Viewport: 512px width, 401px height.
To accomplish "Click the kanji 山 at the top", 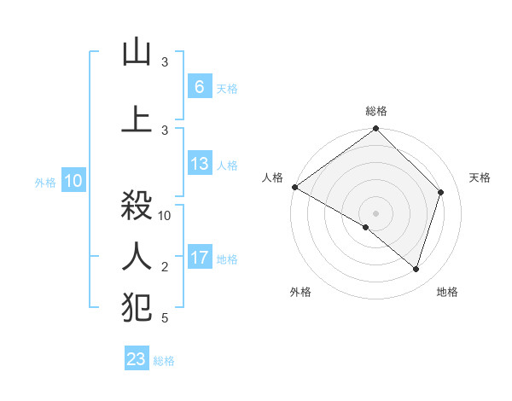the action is pos(137,53).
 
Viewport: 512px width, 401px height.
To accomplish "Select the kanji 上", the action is pos(137,118).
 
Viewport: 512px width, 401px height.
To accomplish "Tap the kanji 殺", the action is pos(137,206).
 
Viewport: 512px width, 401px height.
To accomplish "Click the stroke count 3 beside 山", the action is pos(165,63).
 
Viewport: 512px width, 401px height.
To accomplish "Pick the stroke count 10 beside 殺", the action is pos(166,216).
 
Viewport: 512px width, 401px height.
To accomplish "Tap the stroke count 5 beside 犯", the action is pos(165,319).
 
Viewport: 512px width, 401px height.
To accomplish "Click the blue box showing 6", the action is pos(200,86).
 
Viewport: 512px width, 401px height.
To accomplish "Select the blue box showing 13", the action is pos(200,164).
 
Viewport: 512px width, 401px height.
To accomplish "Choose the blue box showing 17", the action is pos(200,258).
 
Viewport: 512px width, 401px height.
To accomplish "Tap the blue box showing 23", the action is pos(137,359).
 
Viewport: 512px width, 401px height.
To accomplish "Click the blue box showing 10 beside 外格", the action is pos(73,181).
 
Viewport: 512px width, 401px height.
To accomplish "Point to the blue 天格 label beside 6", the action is pos(227,88).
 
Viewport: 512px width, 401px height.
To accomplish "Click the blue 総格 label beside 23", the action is pos(164,361).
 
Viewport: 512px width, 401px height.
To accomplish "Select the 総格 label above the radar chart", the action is pos(376,111).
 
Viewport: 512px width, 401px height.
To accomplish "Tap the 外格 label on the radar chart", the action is pos(300,292).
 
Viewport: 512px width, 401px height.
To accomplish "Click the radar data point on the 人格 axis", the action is pos(294,187).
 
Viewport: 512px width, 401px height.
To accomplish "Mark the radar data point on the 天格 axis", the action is pos(441,192).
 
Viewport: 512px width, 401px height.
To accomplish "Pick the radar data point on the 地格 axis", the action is pos(416,269).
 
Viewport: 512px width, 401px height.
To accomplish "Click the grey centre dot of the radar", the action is pos(376,212).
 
